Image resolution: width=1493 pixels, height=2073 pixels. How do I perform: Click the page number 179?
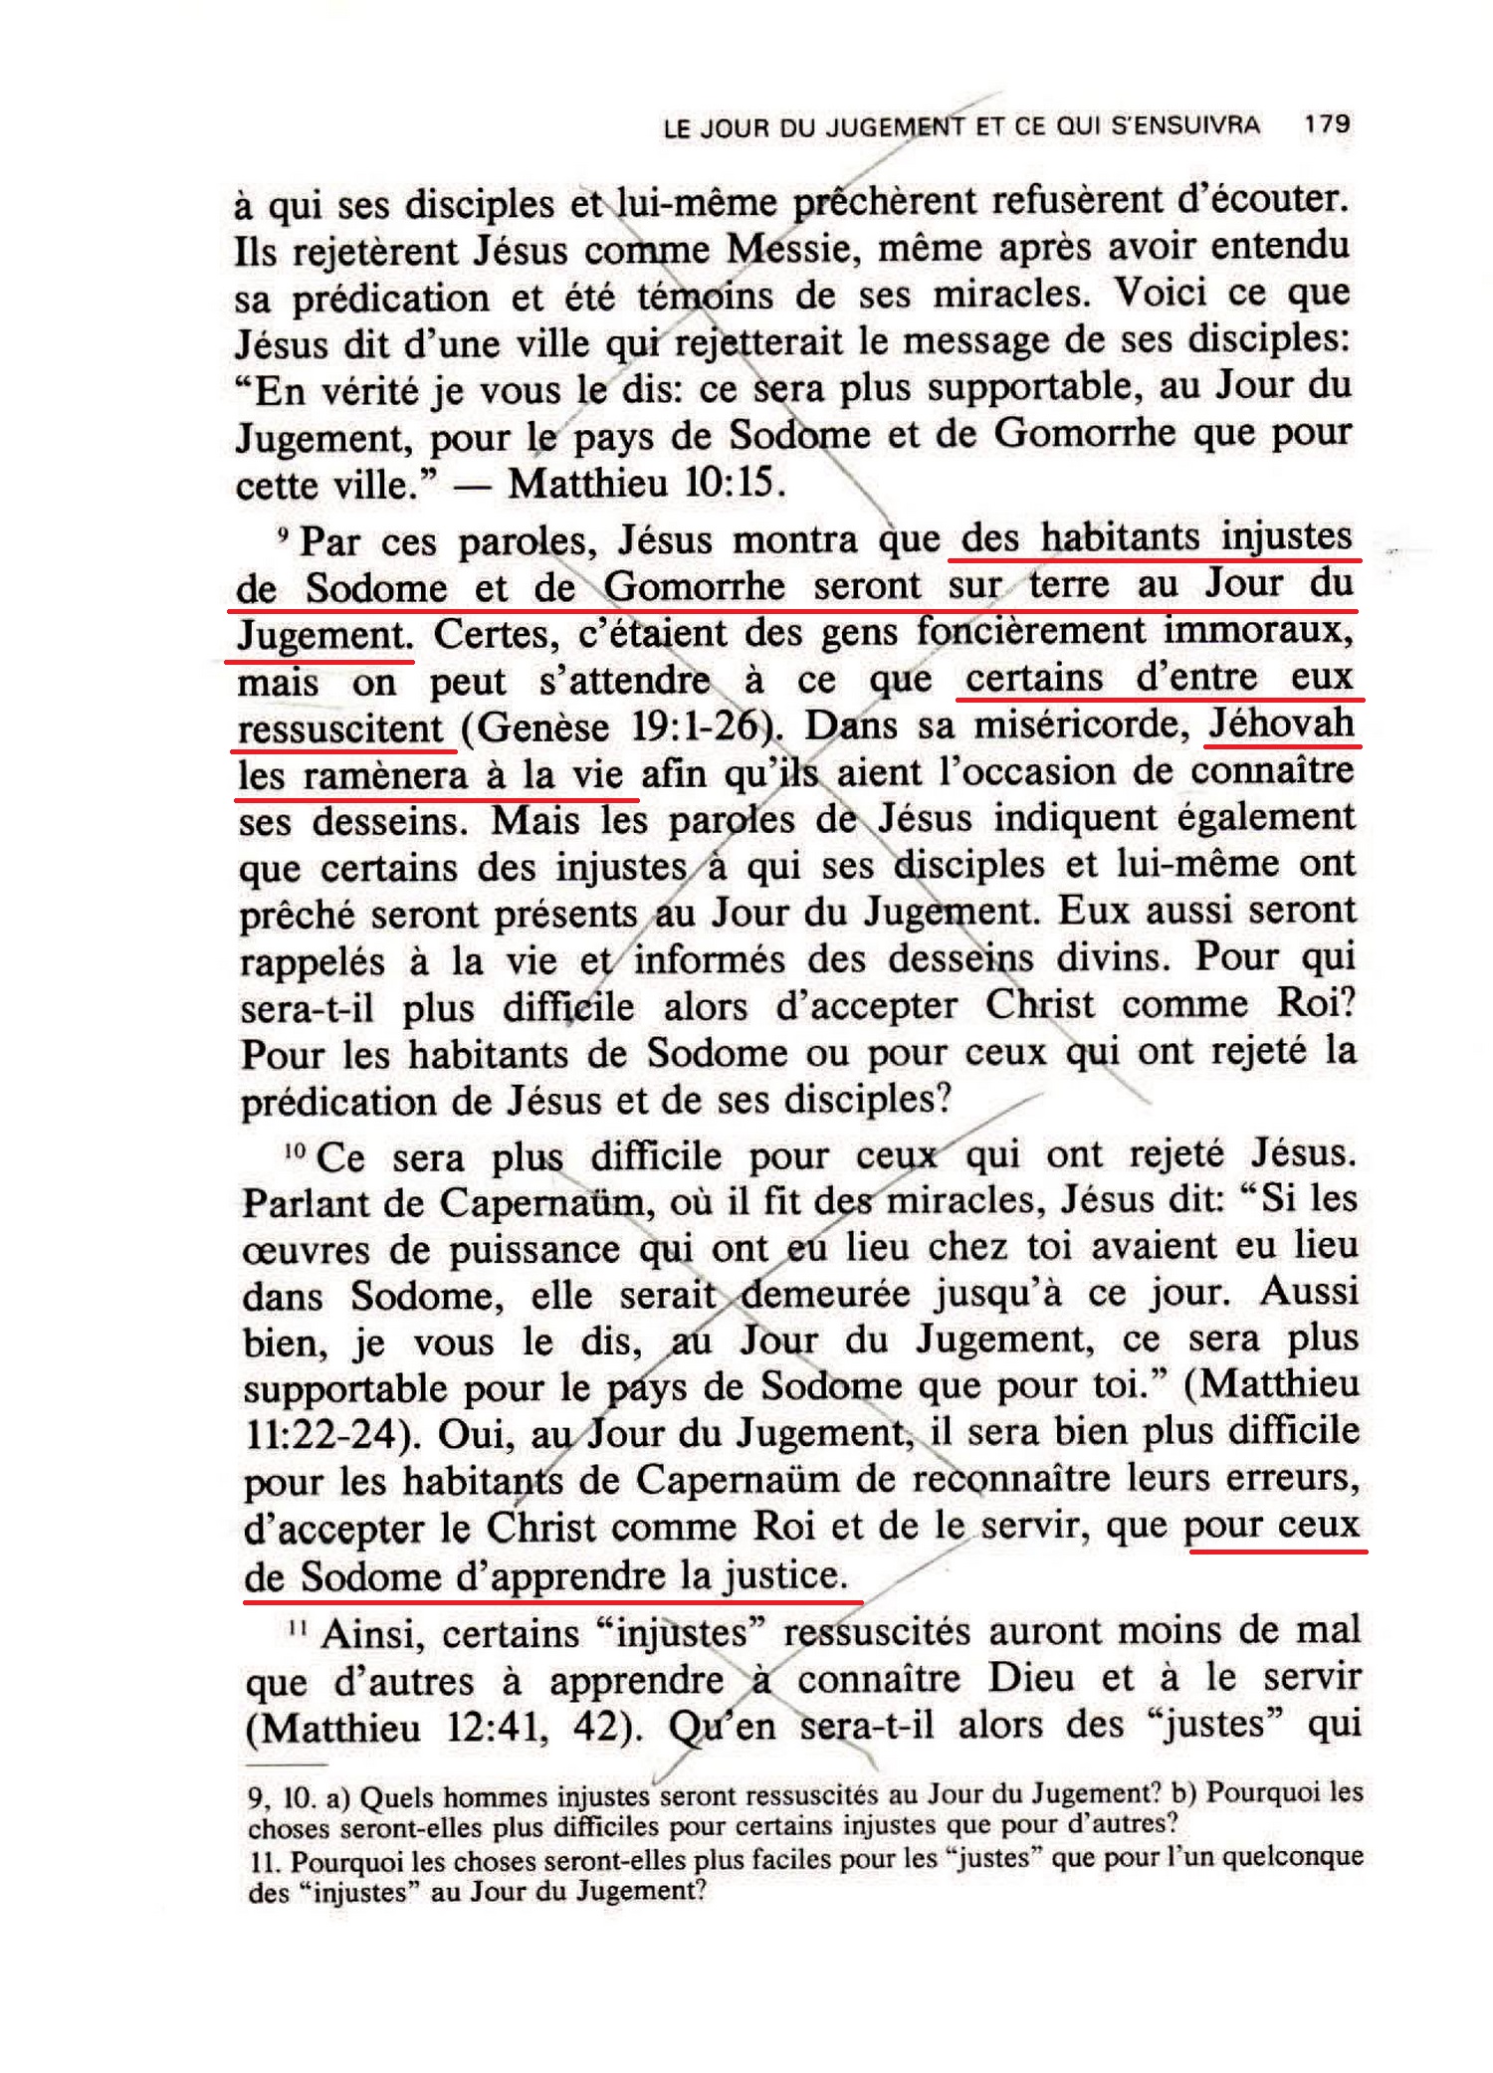pos(1327,124)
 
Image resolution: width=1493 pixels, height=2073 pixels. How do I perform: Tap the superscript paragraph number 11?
pos(295,1626)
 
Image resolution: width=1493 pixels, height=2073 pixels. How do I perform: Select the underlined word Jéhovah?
pos(1281,724)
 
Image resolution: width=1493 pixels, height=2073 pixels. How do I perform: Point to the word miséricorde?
pos(1082,725)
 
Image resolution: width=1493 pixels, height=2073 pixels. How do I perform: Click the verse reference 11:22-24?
pos(321,1435)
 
